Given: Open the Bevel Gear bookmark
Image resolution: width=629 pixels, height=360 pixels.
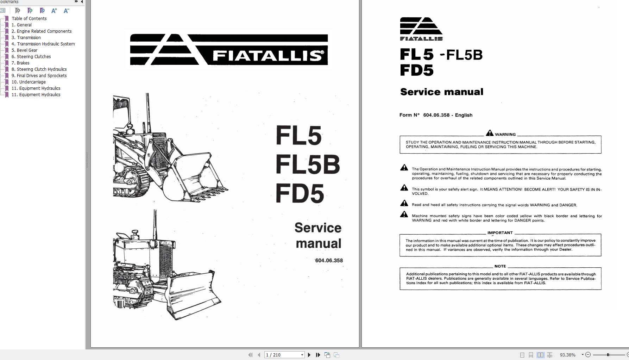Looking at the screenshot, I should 27,50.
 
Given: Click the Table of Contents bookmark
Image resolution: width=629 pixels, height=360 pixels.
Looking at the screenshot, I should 29,18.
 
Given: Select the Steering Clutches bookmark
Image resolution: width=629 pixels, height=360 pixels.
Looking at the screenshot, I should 33,56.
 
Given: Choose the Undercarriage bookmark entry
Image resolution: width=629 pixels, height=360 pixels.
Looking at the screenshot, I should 32,82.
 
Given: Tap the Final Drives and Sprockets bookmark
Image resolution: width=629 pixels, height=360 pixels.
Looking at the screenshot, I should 42,75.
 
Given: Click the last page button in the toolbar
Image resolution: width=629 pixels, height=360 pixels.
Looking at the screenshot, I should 318,355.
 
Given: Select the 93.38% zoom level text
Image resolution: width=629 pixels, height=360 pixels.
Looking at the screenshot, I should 567,355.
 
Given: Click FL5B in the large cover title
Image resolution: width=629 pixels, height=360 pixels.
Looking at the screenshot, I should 307,165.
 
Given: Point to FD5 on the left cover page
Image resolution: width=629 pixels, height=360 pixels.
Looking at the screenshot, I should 300,193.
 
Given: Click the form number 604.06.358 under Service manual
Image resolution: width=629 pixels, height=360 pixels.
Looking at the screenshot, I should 329,260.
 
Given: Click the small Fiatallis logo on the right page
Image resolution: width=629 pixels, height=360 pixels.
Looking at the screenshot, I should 421,29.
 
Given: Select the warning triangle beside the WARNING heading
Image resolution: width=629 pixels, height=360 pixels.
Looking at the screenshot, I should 489,133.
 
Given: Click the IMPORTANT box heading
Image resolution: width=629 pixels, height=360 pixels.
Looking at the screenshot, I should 500,233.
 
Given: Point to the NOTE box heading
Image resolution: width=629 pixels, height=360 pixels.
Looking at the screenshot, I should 500,266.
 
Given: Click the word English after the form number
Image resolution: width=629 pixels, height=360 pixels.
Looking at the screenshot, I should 464,115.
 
